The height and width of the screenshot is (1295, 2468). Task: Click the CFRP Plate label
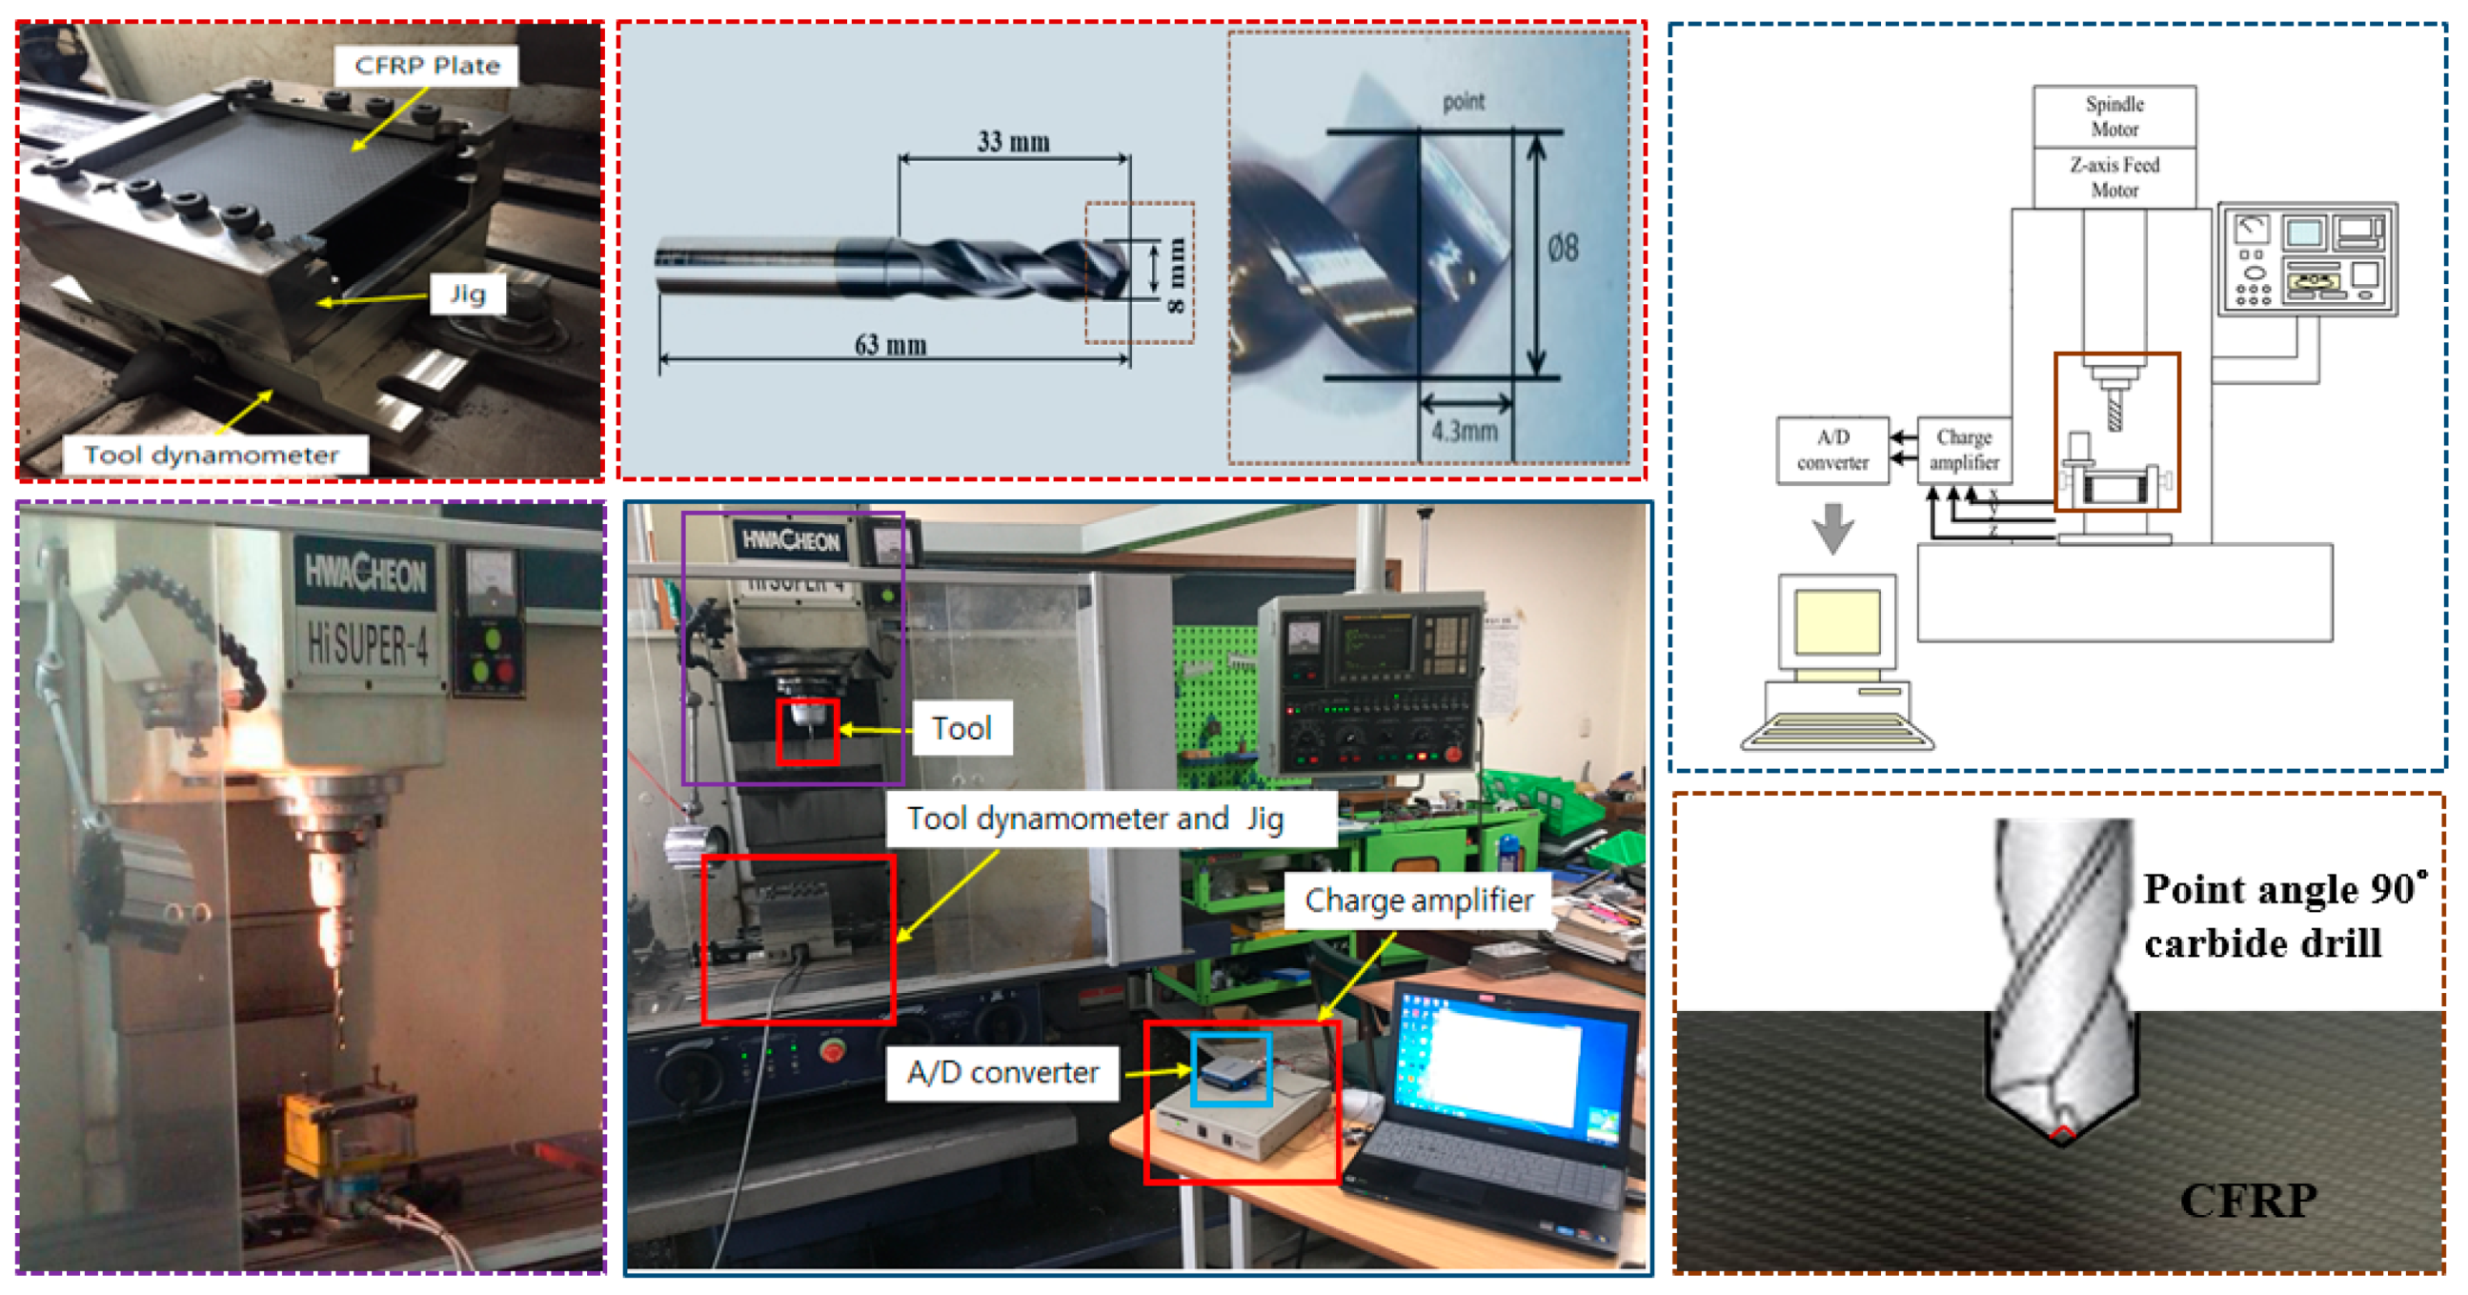[x=426, y=65]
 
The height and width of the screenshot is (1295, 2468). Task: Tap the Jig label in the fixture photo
[x=468, y=293]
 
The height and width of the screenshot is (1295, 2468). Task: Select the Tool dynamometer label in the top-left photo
[x=212, y=454]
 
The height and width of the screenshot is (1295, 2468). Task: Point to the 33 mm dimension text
[x=1013, y=142]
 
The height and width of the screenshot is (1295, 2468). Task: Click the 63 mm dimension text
[x=890, y=345]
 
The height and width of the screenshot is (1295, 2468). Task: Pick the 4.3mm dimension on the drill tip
[x=1464, y=431]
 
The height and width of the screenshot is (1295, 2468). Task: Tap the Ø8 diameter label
[x=1563, y=249]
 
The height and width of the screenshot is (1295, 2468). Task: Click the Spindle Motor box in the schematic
[x=2114, y=116]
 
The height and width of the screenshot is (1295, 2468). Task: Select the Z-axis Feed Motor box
[x=2114, y=177]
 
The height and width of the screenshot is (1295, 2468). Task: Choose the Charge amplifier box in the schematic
[x=1963, y=449]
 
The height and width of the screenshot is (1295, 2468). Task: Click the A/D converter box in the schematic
[x=1831, y=449]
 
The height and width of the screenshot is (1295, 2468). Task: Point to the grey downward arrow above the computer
[x=1831, y=527]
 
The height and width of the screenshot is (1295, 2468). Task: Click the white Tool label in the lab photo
[x=961, y=728]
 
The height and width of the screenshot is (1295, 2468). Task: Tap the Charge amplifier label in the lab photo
[x=1418, y=900]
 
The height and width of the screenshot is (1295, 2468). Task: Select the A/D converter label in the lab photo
[x=1002, y=1072]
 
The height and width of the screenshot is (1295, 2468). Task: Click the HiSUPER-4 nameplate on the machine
[x=367, y=642]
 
